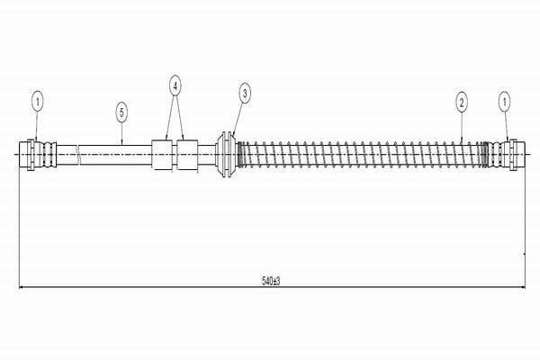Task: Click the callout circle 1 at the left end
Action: (38, 102)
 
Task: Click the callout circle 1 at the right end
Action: (505, 102)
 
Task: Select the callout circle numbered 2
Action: (462, 102)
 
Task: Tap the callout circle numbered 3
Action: (245, 93)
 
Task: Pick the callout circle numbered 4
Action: (175, 85)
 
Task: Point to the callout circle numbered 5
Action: (121, 112)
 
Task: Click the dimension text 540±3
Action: (271, 281)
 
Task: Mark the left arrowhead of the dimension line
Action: (22, 286)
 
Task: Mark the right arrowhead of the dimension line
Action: (522, 286)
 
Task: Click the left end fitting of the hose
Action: (38, 154)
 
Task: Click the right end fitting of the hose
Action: (507, 154)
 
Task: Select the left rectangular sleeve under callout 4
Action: (162, 155)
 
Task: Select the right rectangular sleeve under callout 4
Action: (187, 155)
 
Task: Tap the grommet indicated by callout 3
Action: (226, 154)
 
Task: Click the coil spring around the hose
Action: (363, 154)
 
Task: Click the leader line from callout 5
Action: (121, 133)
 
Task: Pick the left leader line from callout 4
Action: (170, 118)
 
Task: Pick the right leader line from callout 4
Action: (179, 118)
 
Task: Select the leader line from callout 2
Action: (462, 126)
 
